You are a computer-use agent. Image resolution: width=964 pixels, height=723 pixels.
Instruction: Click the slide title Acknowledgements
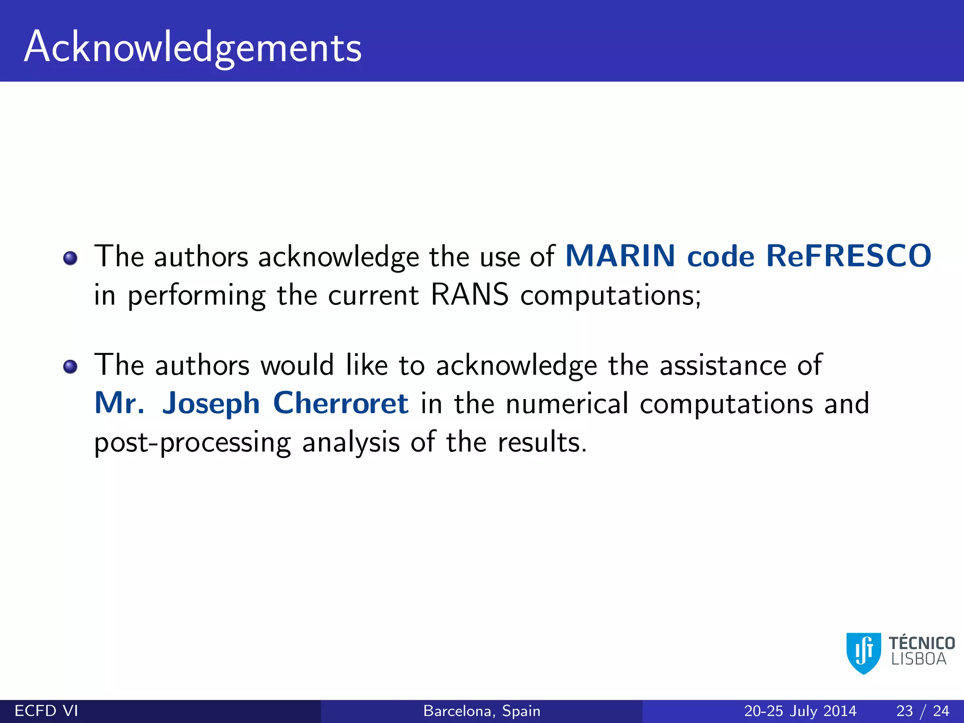(193, 47)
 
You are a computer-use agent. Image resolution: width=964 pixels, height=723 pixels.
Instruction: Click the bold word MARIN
(620, 256)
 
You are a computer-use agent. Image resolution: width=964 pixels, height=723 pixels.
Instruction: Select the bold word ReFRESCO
(848, 256)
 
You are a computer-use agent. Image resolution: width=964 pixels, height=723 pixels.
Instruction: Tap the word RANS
(469, 295)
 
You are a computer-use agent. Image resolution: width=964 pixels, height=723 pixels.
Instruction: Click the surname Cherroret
(341, 403)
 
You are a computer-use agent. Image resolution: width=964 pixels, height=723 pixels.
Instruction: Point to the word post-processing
(193, 443)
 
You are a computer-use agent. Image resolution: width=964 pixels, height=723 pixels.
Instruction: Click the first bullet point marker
(70, 258)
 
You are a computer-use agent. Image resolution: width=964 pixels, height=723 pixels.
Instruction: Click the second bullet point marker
(70, 366)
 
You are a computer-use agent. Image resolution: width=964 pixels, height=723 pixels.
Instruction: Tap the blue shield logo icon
(864, 653)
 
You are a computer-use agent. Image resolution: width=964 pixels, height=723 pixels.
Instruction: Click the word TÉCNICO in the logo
(922, 643)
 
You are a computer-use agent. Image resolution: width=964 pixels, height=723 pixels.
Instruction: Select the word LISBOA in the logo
(919, 659)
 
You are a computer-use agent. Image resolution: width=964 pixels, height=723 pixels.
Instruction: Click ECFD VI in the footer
(46, 711)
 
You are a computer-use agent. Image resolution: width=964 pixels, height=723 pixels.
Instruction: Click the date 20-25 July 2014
(800, 711)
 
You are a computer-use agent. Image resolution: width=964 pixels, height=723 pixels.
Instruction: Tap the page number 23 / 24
(923, 711)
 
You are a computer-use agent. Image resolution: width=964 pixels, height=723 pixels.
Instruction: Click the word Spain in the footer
(521, 711)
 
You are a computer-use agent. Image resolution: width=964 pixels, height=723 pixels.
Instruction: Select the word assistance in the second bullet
(723, 365)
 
